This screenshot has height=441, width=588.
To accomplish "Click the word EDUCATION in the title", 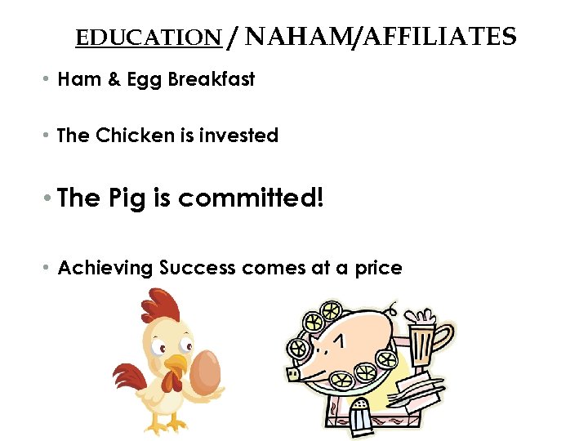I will click(x=148, y=38).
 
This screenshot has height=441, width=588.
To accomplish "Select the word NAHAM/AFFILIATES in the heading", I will click(x=380, y=37).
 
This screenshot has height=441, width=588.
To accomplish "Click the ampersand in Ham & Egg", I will click(x=112, y=79).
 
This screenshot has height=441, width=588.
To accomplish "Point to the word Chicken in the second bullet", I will click(x=135, y=136).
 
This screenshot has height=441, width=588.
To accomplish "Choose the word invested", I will click(x=240, y=136).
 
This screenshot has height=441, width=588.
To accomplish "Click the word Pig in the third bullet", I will click(x=126, y=198).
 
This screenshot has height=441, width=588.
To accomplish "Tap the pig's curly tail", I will click(x=392, y=310).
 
